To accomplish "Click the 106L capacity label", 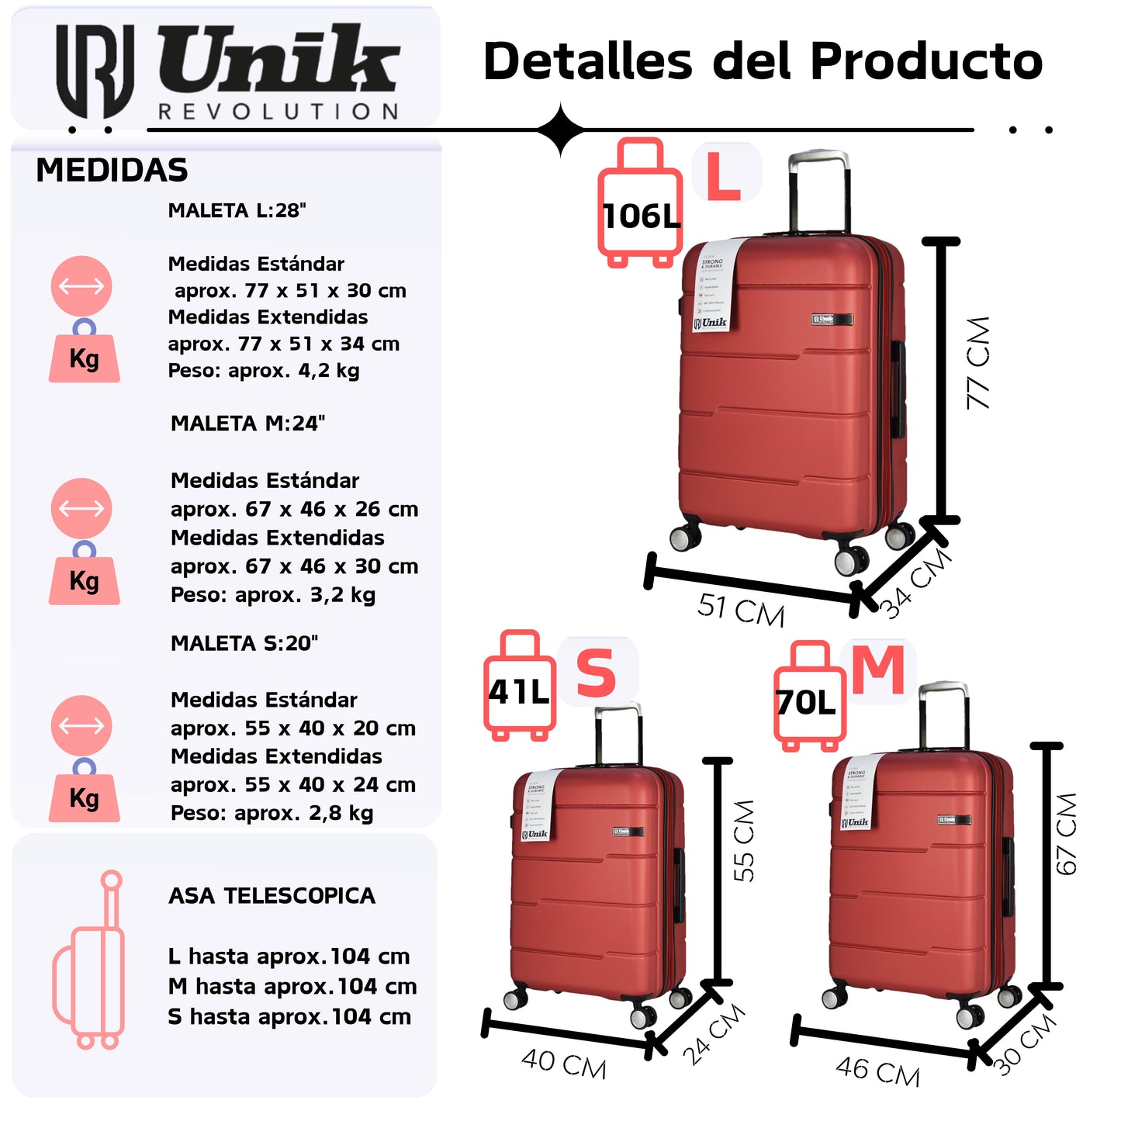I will (x=641, y=216).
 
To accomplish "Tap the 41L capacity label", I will (x=518, y=691).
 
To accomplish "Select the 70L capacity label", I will (x=807, y=703).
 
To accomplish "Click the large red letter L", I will (x=723, y=177).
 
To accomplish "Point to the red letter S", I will (x=596, y=673).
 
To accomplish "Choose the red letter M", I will (x=878, y=669).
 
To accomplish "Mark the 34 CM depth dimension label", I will (x=916, y=582).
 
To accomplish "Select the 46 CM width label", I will (x=877, y=1071).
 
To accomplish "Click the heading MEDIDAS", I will (x=112, y=170).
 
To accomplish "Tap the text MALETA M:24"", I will (x=247, y=424).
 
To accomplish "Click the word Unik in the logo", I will (x=279, y=59).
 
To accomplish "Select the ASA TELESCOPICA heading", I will (x=272, y=896).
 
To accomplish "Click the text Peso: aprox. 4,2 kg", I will (x=264, y=371).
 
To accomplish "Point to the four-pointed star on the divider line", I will (x=561, y=130).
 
